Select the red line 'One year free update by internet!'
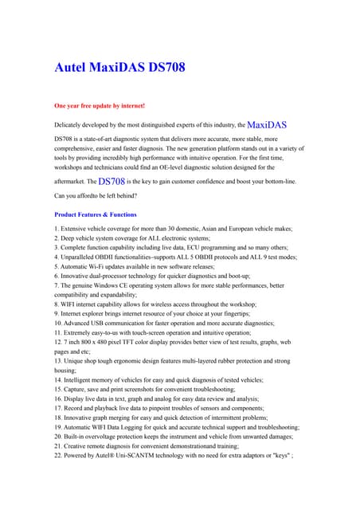99,105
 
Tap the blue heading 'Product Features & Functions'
95,214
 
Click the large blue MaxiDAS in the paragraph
267,125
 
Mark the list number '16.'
59,398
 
